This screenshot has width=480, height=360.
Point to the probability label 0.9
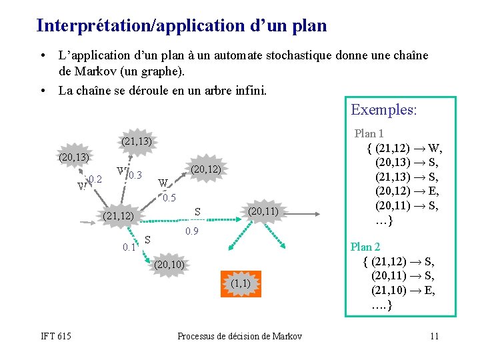(x=191, y=231)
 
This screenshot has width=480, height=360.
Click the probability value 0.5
(x=169, y=198)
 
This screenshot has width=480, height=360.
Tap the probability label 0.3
(x=135, y=175)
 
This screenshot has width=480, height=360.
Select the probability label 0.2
(x=95, y=179)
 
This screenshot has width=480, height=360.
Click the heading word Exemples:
(x=383, y=109)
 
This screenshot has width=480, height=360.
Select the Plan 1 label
(x=369, y=133)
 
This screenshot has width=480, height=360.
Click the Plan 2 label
(x=366, y=247)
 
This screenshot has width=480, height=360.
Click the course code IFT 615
(x=55, y=335)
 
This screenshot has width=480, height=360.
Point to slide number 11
(x=433, y=335)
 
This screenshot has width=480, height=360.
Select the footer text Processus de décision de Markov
(x=239, y=335)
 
